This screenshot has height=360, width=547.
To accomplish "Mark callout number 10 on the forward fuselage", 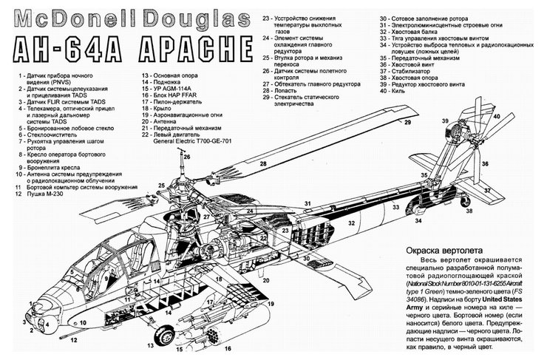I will (x=83, y=323).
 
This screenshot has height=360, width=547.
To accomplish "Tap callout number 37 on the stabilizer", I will (x=487, y=191).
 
